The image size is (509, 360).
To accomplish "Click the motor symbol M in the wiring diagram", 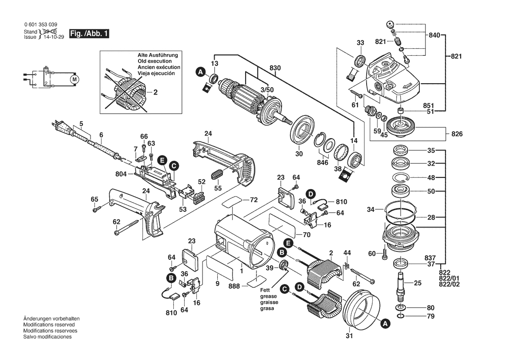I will tap(74, 79).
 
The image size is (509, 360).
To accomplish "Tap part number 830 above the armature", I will tap(275, 68).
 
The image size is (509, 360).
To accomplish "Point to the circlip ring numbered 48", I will tap(403, 178).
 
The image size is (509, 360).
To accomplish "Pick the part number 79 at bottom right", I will tap(430, 316).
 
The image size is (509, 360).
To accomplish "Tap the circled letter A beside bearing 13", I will tap(200, 71).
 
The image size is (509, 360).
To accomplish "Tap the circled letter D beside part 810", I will tap(310, 194).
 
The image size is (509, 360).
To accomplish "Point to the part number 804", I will tap(121, 174).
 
